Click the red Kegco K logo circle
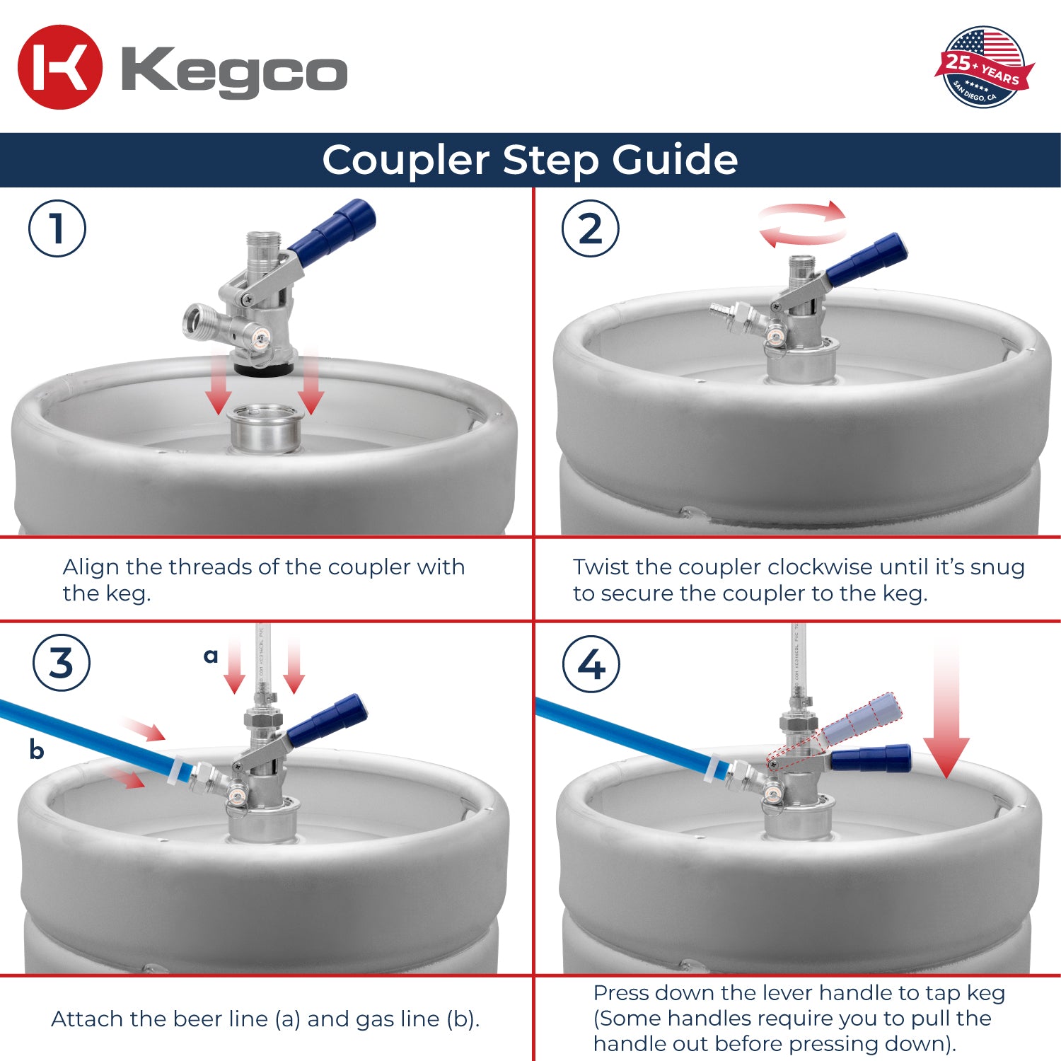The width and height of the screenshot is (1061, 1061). point(60,67)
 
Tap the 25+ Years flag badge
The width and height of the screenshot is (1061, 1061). point(984,68)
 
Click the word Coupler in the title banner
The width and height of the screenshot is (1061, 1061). point(405,160)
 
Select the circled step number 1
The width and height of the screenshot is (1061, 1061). point(57,228)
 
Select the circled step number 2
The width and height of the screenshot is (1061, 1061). point(591,228)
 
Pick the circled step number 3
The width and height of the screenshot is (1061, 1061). point(62,663)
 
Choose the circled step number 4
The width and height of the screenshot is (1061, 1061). point(591,664)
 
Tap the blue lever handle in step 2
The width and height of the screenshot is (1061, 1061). point(866,260)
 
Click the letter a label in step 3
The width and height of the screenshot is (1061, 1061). point(210,656)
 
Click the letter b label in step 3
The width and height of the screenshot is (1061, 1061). point(37,749)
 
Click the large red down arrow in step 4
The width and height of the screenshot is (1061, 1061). point(946,714)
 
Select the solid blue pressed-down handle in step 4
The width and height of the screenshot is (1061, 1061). point(871,759)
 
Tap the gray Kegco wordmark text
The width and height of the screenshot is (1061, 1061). point(234,71)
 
